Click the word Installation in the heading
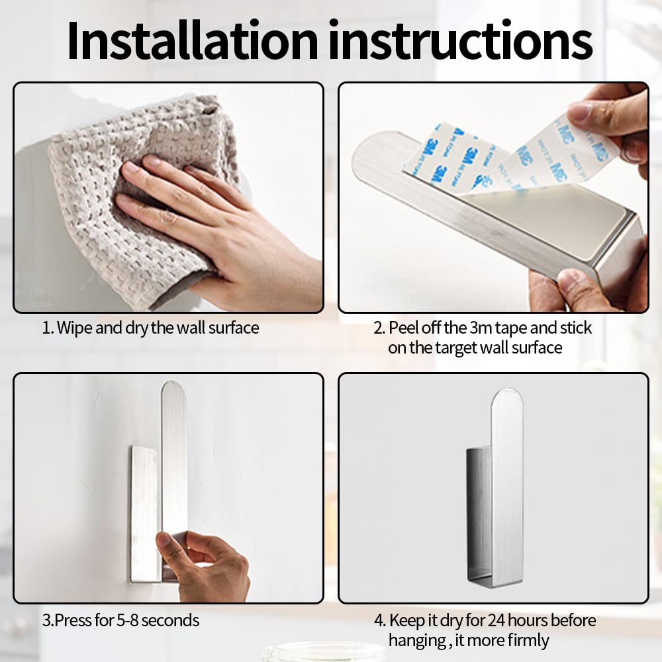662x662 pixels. point(193,40)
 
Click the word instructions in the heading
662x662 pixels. point(461,40)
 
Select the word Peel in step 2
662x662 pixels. point(404,328)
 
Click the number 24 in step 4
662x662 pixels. point(496,620)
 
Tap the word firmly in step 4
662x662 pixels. point(528,640)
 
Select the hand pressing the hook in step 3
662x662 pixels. point(203,566)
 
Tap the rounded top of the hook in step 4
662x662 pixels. point(506,397)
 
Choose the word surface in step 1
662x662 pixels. point(234,328)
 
